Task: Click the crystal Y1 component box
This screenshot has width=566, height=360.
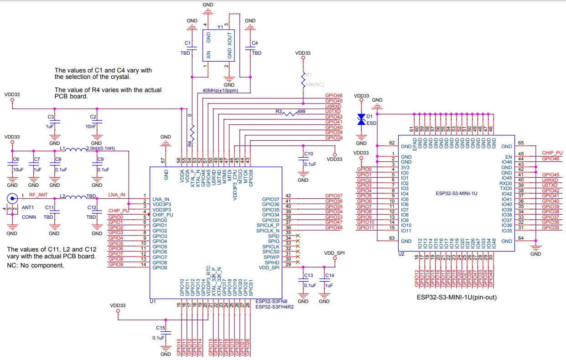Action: tap(218, 46)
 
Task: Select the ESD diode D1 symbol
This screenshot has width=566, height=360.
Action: tap(362, 118)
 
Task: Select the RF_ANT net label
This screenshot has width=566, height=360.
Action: tap(38, 195)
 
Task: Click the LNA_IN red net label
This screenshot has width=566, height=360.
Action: tap(117, 195)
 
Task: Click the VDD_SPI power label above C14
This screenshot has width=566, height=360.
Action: tap(334, 252)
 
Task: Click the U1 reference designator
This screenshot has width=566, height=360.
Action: tap(153, 301)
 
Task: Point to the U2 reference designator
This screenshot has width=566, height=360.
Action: tap(401, 254)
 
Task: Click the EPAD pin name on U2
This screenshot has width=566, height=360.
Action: tap(415, 143)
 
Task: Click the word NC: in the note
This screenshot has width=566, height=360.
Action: tap(14, 265)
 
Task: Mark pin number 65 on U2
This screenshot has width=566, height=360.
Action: tap(520, 143)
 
